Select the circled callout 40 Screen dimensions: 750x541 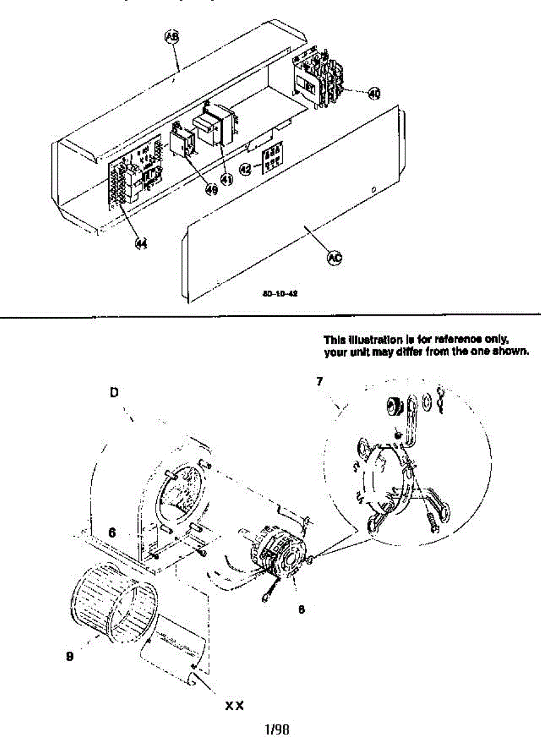(373, 94)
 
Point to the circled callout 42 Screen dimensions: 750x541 (246, 169)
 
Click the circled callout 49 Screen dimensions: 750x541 (211, 189)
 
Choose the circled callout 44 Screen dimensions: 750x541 (142, 244)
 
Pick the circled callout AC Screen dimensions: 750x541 (334, 257)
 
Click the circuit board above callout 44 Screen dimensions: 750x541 (137, 178)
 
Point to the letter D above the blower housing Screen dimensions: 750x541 (114, 392)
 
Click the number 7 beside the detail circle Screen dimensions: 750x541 (319, 382)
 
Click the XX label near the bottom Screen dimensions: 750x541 (234, 706)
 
